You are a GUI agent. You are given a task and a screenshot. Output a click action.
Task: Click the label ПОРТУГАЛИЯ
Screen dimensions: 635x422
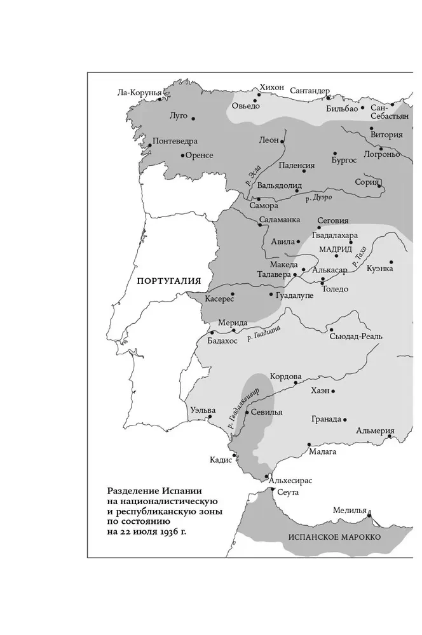tap(168, 280)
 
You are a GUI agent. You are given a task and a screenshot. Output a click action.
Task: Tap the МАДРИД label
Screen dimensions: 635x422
tap(335, 249)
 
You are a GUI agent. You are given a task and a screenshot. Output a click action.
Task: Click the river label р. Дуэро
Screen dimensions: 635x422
tap(318, 198)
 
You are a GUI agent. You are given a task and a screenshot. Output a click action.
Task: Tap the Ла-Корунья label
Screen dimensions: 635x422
tap(139, 92)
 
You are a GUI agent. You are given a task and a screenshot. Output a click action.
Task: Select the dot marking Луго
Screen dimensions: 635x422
tap(193, 118)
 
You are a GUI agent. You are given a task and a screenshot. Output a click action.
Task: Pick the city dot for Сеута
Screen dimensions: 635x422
tap(272, 490)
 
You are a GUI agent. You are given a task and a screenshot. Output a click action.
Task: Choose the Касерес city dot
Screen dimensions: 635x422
tap(233, 293)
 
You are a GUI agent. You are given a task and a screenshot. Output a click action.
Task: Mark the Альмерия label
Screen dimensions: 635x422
tap(375, 430)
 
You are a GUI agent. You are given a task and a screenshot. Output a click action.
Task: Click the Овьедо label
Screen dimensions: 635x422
tap(245, 106)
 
